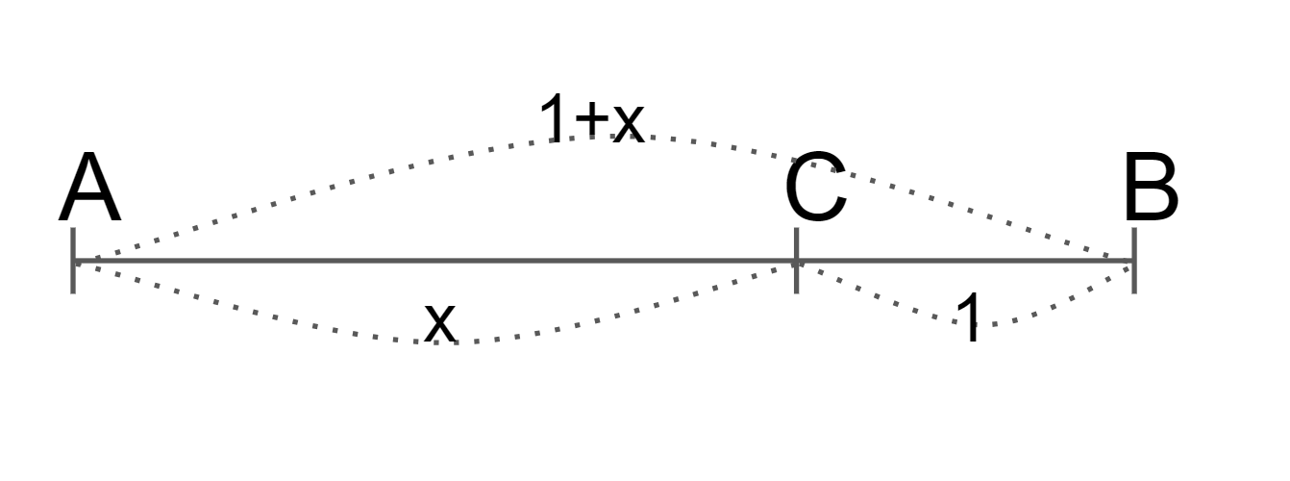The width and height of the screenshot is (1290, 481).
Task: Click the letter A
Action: pos(90,190)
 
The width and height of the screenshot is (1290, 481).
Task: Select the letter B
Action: pos(1150,190)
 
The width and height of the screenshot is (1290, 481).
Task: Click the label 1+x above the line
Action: pos(590,120)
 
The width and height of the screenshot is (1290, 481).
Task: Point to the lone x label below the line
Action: pos(439,322)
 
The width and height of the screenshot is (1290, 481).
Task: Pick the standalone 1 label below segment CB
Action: pos(970,318)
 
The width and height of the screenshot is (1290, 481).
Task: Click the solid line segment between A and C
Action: pos(433,260)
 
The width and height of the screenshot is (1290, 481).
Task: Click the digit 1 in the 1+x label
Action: pos(554,120)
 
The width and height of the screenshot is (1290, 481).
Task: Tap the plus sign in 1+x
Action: pos(590,121)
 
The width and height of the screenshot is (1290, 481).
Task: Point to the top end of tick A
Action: pos(73,229)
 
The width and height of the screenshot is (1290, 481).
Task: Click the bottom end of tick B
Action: pos(1134,291)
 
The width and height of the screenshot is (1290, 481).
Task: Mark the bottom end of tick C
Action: pos(796,291)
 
